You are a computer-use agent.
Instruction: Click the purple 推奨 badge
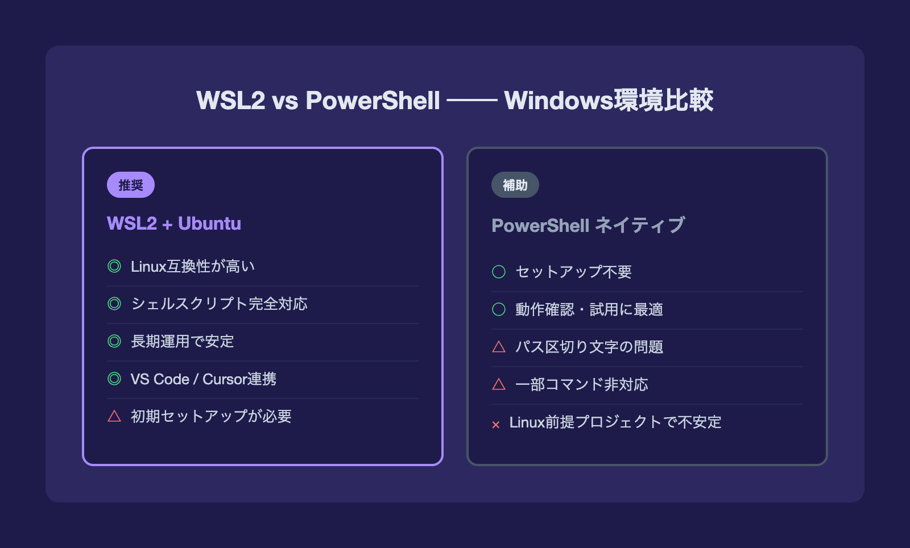130,185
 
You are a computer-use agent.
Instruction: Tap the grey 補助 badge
515,185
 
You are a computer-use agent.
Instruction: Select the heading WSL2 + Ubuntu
174,223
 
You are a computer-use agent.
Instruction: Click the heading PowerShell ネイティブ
588,225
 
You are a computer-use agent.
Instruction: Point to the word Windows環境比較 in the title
609,100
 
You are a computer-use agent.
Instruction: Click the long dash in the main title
472,100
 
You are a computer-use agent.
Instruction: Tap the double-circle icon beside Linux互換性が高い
114,266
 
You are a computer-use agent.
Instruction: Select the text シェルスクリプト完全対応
220,304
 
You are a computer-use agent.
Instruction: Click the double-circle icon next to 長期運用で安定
114,341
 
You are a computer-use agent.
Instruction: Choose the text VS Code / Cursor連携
204,379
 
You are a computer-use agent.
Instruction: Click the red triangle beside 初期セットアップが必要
114,416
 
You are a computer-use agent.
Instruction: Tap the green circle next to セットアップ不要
499,272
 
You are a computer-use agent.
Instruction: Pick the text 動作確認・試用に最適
589,309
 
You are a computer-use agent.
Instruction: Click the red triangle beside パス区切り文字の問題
499,347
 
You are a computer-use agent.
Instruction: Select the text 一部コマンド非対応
582,384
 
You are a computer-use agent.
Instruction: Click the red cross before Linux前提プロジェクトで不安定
495,425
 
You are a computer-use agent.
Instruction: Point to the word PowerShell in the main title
373,100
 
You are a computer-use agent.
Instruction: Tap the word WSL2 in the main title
231,100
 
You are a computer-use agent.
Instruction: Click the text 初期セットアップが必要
211,416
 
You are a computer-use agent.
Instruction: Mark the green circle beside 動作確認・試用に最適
499,309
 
